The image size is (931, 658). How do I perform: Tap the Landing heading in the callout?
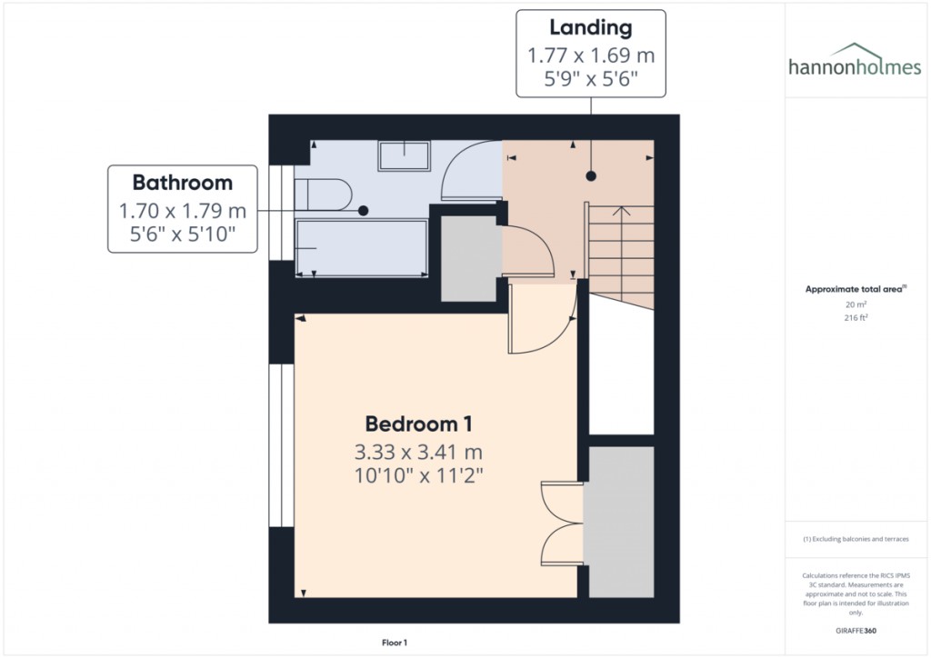point(591,29)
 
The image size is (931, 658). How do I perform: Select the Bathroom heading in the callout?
point(183,183)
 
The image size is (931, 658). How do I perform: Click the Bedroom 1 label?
point(418,424)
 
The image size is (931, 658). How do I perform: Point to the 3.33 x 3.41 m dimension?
point(418,452)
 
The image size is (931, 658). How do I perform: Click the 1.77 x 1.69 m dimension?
point(591,55)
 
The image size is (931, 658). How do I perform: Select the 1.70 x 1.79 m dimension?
point(183,211)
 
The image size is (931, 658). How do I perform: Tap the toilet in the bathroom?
point(325,194)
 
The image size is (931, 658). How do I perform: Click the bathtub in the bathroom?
point(361,247)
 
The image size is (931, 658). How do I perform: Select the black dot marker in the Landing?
point(591,176)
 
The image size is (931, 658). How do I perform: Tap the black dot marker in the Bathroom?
point(363,211)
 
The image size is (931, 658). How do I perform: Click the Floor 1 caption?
point(395,643)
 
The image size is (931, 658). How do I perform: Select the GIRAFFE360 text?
point(855,630)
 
